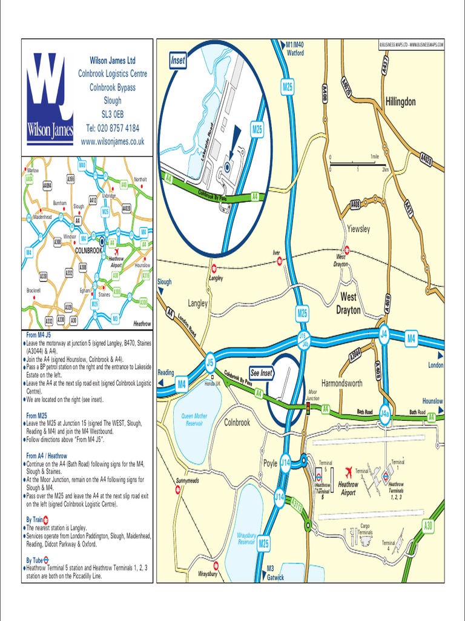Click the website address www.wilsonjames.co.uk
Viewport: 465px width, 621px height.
click(113, 141)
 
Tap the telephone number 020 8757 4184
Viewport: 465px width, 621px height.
click(113, 128)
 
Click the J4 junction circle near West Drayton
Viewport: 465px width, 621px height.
click(383, 334)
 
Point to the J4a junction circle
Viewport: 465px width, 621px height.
click(384, 413)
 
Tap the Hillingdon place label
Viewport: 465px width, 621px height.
click(400, 102)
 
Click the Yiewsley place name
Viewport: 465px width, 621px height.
click(358, 229)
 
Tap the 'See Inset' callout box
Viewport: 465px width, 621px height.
click(262, 374)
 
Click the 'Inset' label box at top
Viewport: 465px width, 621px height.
click(177, 61)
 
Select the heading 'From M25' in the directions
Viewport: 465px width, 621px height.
click(38, 415)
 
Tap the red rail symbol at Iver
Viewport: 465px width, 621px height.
click(279, 261)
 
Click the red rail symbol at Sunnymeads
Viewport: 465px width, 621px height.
click(177, 489)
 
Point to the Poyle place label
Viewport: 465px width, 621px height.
click(270, 463)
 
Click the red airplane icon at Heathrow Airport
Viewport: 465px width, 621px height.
click(348, 472)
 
